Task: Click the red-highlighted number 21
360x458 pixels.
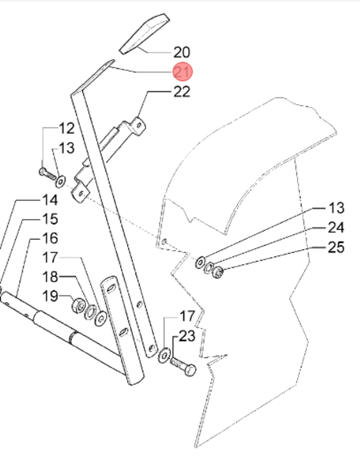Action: (x=184, y=72)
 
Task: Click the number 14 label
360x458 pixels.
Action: (x=49, y=200)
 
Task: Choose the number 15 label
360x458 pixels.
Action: (x=49, y=219)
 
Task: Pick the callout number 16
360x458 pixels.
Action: (x=49, y=238)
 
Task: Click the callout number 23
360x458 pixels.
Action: (x=187, y=336)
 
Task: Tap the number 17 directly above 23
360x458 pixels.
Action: (x=187, y=315)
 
